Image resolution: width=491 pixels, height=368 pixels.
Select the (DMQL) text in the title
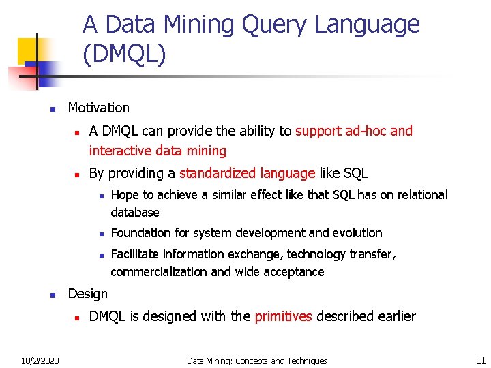pos(124,55)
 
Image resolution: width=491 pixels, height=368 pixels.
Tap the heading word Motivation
pos(98,108)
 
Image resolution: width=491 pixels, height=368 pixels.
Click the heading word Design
pos(87,294)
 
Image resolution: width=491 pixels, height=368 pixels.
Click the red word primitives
pos(283,316)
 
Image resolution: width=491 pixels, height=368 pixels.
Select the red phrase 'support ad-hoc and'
pos(354,131)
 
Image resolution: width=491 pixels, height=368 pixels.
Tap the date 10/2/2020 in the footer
pos(39,361)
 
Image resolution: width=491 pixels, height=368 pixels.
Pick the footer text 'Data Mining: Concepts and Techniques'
pos(256,361)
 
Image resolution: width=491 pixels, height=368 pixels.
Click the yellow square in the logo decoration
pos(29,50)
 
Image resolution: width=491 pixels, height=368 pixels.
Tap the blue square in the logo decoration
pos(46,73)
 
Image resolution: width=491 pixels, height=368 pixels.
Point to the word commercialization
pos(159,272)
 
